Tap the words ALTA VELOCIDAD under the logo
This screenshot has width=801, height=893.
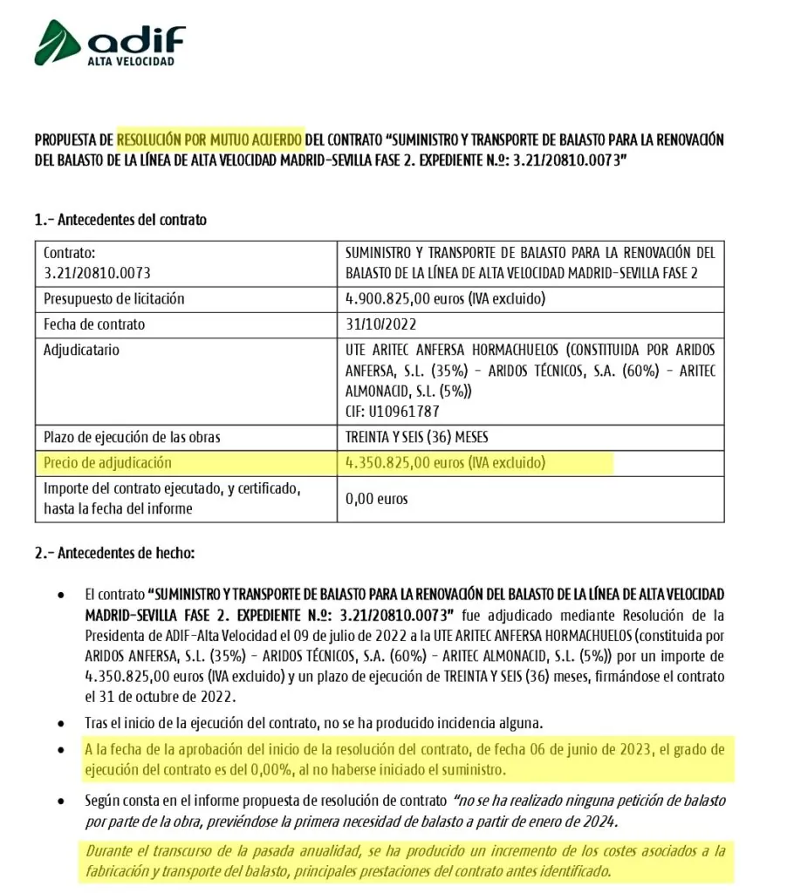pos(130,63)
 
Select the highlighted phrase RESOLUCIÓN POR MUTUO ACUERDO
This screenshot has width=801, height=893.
pos(210,139)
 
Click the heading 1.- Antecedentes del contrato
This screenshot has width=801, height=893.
pos(120,220)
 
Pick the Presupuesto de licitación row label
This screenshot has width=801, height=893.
pos(114,298)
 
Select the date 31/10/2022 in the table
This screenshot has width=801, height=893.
pos(380,324)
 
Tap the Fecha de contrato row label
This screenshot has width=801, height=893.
pos(94,324)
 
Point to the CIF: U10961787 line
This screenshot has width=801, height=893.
pos(393,410)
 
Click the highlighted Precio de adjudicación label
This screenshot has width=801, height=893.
pos(108,462)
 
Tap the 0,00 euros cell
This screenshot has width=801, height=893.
pos(377,499)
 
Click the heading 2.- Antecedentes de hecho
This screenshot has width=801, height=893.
pos(114,553)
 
